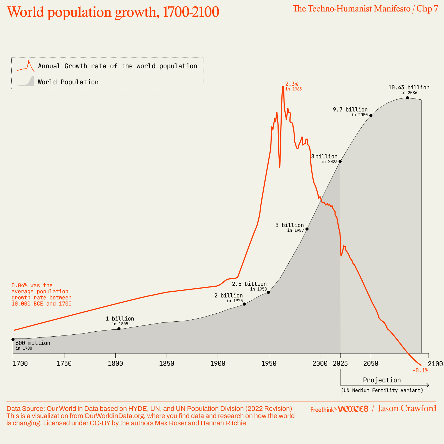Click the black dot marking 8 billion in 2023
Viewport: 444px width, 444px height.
340,161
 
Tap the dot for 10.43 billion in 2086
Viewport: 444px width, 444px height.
407,98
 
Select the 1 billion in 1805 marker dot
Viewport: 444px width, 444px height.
119,329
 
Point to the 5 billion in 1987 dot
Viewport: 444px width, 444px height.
307,229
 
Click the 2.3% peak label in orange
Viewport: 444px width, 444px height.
292,84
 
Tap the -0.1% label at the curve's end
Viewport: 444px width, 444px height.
420,370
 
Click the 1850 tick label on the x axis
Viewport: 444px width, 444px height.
167,364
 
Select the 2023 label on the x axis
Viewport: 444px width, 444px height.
340,364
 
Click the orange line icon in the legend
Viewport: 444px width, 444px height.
26,66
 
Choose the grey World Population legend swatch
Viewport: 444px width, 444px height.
26,82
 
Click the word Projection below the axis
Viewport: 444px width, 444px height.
382,380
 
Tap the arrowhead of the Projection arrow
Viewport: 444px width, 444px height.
428,385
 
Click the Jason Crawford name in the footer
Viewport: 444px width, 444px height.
407,408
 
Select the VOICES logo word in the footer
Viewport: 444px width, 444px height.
353,409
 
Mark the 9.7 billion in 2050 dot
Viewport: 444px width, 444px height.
371,115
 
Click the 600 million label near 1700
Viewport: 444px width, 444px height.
33,343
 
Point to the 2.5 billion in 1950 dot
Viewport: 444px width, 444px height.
268,292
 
